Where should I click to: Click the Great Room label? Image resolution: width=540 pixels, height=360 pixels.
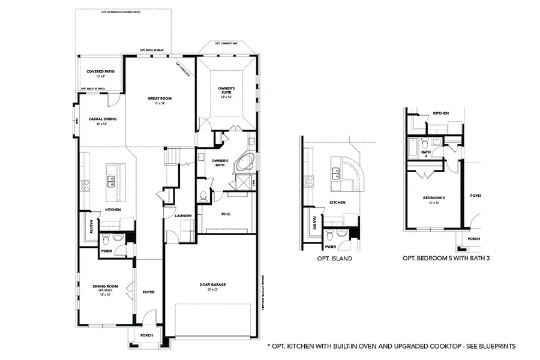(160, 98)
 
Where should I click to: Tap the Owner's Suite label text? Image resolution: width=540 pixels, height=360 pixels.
(226, 90)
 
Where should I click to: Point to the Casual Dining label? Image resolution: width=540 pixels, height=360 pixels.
(103, 119)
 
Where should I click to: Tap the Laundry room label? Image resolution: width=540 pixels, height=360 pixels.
(184, 216)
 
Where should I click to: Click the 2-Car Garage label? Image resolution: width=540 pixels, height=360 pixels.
(213, 284)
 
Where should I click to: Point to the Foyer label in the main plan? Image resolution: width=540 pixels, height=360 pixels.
(148, 292)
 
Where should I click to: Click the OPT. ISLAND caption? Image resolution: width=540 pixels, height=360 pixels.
(335, 259)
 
